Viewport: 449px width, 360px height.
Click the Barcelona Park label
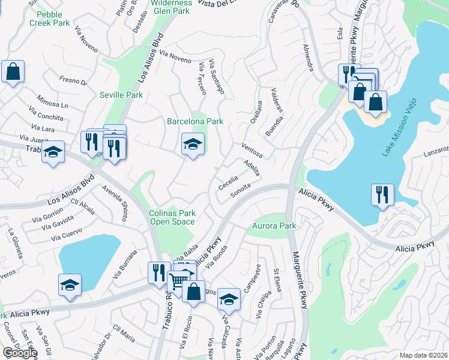coord(195,121)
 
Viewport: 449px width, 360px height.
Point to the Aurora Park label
coord(274,226)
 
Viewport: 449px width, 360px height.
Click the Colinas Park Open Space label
coord(172,217)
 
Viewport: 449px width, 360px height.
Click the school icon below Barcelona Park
coord(193,145)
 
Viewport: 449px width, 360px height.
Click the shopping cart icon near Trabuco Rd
coord(178,280)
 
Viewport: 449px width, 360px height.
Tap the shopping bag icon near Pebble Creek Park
coord(13,71)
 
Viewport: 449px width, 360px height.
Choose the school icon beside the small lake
coord(70,284)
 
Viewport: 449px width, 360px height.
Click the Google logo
coord(20,353)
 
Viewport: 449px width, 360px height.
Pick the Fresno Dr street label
coord(73,79)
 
